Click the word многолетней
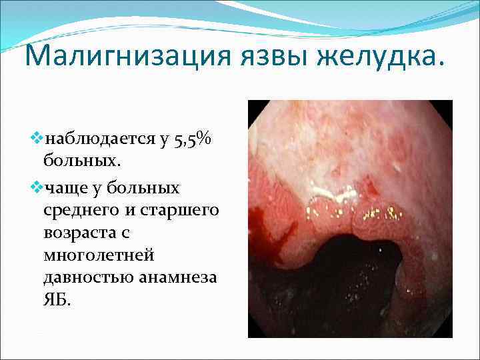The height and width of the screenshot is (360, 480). coord(97,255)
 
